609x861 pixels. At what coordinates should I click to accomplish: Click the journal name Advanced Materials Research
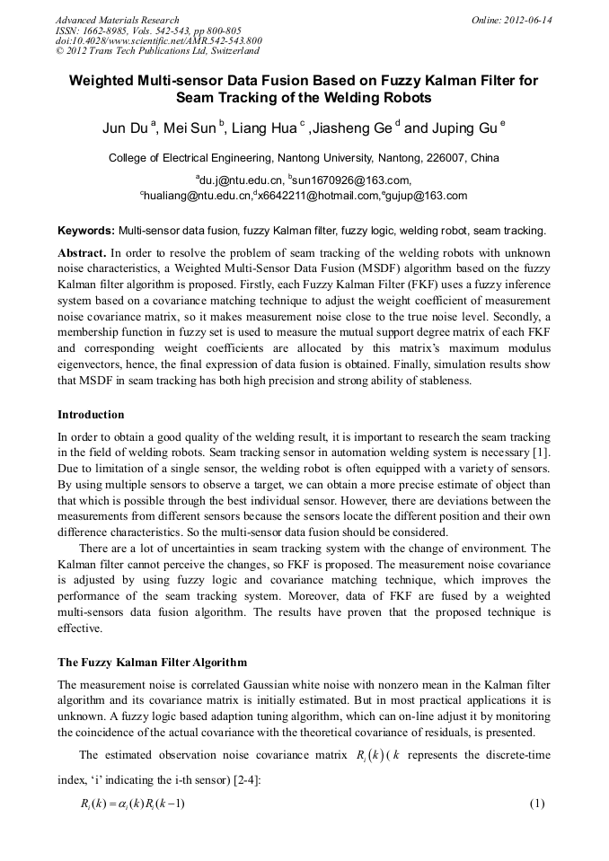(x=118, y=20)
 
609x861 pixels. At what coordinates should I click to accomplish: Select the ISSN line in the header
(x=131, y=31)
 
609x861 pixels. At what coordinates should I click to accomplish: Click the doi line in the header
(x=159, y=40)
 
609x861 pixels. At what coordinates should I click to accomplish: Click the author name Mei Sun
(x=190, y=129)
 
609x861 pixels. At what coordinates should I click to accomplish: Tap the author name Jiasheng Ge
(x=349, y=129)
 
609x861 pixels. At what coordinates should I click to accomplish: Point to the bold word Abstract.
(x=82, y=252)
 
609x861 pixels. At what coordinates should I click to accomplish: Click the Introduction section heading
(x=91, y=415)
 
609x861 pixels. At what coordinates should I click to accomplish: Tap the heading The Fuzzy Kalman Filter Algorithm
(x=152, y=663)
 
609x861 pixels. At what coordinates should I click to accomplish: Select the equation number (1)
(x=537, y=803)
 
